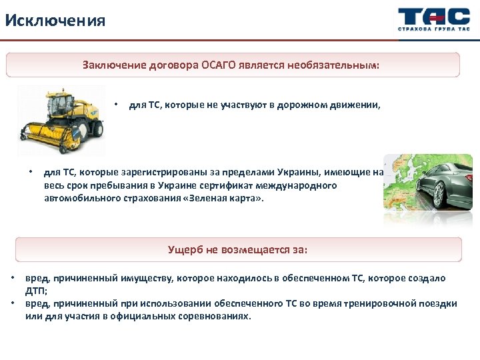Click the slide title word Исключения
55,20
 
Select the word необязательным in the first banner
336,65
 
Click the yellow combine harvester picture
61,120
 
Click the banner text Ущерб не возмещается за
238,250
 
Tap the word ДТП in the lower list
34,290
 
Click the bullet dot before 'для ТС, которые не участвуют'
116,105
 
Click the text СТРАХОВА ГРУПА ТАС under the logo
433,30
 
